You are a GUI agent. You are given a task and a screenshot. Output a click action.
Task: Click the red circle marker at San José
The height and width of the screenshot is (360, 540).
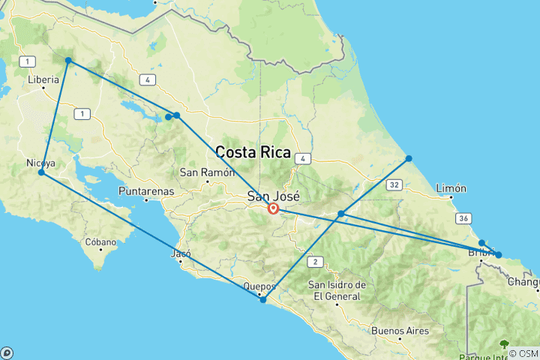tap(273, 209)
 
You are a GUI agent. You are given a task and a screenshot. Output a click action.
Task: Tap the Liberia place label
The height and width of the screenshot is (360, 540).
tap(43, 79)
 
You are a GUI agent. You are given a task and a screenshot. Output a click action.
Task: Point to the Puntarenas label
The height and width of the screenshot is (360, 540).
tap(147, 191)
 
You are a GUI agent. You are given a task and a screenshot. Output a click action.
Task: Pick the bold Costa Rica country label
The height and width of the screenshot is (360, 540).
tap(253, 151)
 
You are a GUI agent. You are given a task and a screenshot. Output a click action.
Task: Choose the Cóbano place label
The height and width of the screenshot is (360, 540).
tap(100, 242)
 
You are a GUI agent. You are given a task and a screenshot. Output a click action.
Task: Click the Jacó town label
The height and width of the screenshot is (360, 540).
tap(181, 253)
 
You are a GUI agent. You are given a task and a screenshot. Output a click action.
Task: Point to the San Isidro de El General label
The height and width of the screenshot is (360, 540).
tap(337, 290)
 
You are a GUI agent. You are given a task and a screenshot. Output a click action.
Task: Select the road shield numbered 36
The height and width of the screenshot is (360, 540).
tap(463, 217)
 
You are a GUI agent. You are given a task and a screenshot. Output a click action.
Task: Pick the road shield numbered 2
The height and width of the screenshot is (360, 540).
tap(316, 262)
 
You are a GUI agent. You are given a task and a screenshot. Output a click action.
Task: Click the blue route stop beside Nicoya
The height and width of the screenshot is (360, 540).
tap(41, 173)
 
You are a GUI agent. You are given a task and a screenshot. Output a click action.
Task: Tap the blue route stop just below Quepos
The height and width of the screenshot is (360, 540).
tap(263, 300)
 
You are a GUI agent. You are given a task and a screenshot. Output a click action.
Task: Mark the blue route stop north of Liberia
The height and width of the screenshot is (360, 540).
tap(68, 60)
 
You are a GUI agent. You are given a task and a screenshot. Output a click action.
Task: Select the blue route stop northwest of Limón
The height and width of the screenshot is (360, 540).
tap(409, 158)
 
